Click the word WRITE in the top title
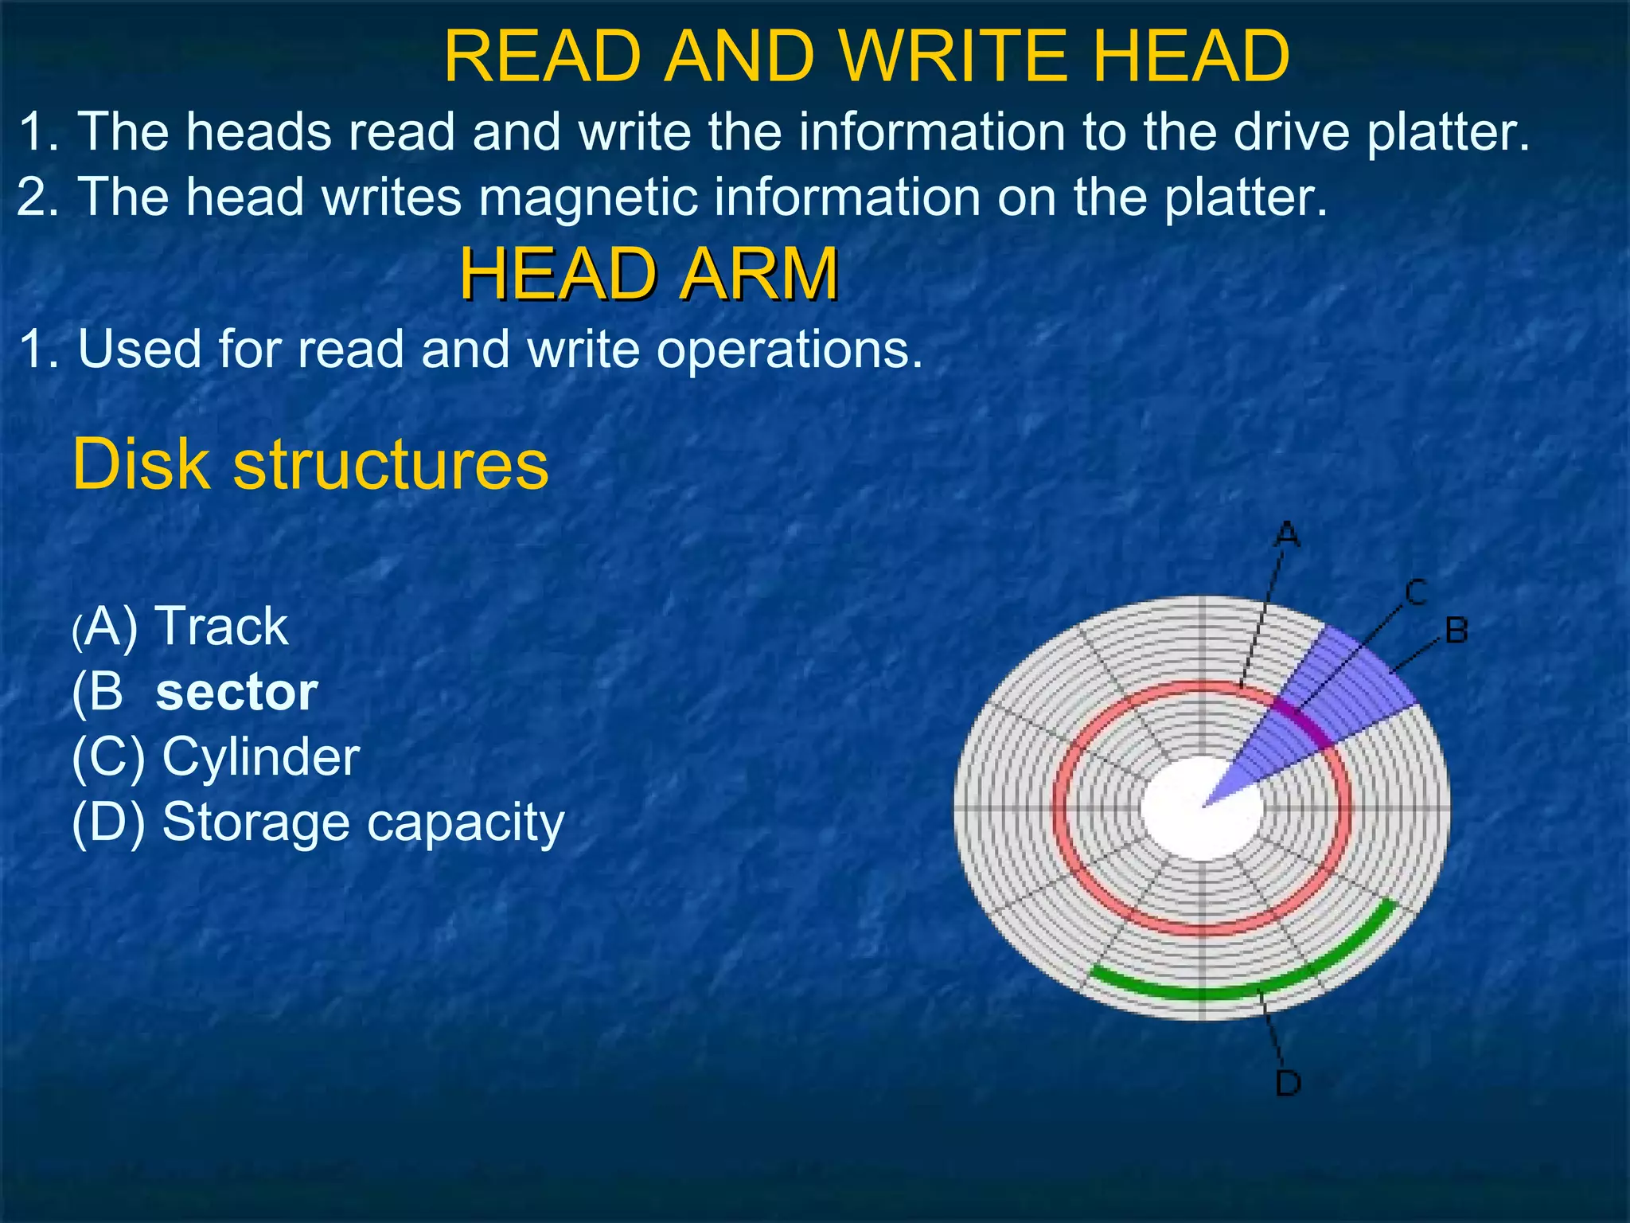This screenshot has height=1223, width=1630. pyautogui.click(x=954, y=56)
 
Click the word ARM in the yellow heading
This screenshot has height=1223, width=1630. pyautogui.click(x=760, y=274)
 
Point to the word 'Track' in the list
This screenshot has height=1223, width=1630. pyautogui.click(x=223, y=627)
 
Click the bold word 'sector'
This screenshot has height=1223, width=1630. pyautogui.click(x=236, y=693)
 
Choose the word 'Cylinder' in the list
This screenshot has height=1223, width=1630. pyautogui.click(x=261, y=756)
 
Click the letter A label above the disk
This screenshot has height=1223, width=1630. pyautogui.click(x=1287, y=534)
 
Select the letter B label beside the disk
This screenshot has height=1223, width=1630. pyautogui.click(x=1456, y=631)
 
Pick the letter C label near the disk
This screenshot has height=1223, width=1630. pyautogui.click(x=1415, y=592)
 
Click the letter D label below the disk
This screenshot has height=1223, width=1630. pyautogui.click(x=1288, y=1083)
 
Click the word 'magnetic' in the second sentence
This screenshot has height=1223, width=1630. pyautogui.click(x=588, y=197)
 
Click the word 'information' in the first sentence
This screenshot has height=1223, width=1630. pyautogui.click(x=931, y=131)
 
